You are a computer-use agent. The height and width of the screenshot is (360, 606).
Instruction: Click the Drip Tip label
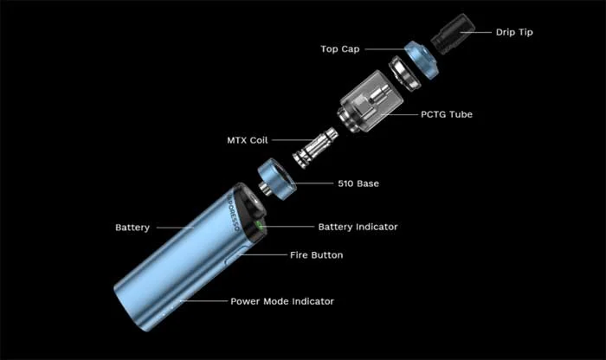(x=514, y=32)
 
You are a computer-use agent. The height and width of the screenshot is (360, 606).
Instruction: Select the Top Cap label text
(x=340, y=49)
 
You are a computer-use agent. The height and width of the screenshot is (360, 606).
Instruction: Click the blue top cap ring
(x=422, y=60)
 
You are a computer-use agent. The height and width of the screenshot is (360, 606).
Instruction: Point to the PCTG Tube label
(x=447, y=114)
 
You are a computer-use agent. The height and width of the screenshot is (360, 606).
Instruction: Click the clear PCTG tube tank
(x=370, y=100)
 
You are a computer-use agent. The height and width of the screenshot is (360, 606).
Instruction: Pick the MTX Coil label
(x=248, y=140)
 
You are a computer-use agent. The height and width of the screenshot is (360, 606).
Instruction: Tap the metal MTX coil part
(x=314, y=148)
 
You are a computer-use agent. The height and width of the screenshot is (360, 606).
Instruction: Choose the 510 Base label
(x=358, y=183)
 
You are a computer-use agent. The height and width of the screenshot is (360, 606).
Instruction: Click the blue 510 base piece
(x=277, y=180)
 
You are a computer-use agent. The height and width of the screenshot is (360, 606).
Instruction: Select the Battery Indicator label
(x=358, y=227)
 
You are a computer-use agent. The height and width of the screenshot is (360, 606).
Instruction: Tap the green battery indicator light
(x=261, y=227)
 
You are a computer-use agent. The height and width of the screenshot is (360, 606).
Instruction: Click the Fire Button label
(x=317, y=255)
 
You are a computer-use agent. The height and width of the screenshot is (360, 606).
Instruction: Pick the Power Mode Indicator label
(x=282, y=301)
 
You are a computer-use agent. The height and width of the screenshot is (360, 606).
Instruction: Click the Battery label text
(x=132, y=228)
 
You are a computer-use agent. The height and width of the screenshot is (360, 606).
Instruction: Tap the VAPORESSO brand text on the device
(x=232, y=212)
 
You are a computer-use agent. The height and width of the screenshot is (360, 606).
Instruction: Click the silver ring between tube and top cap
(x=404, y=74)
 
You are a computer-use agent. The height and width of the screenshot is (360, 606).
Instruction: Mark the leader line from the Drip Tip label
(x=476, y=32)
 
